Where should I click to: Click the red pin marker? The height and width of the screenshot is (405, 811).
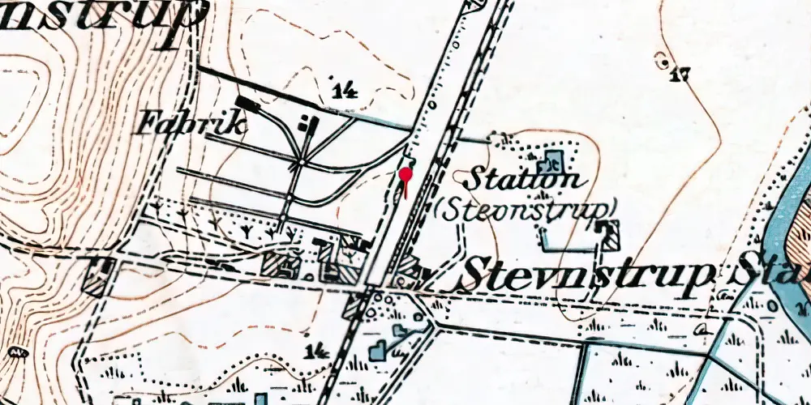tap(405, 176)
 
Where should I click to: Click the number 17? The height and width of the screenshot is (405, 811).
tap(680, 76)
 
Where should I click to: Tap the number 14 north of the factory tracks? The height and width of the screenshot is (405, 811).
tap(345, 90)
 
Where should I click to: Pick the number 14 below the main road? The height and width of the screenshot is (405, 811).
tap(318, 350)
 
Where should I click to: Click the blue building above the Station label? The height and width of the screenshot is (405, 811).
tap(553, 159)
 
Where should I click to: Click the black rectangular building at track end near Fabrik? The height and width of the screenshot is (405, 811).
tap(247, 104)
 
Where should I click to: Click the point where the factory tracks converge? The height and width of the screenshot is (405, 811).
tap(301, 163)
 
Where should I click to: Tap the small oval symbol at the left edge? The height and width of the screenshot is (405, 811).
tap(15, 353)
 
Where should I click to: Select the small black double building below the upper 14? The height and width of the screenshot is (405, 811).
tap(309, 124)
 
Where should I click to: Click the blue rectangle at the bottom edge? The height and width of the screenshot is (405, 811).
tap(260, 399)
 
